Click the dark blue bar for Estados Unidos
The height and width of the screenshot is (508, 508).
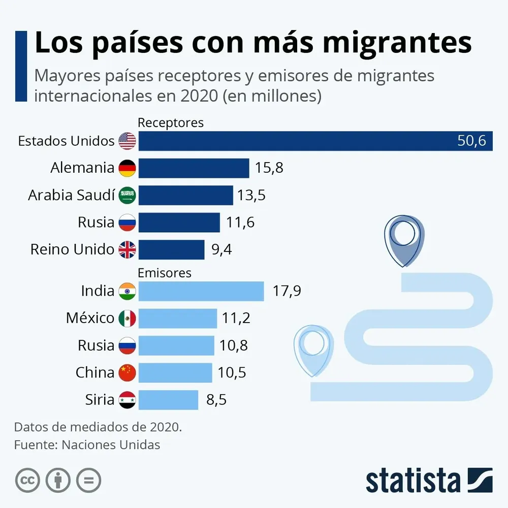(305, 141)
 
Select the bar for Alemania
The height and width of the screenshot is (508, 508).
(194, 168)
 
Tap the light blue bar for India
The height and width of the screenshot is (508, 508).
(201, 291)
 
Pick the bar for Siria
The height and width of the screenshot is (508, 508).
(168, 400)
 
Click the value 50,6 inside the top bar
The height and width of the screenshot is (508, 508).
(471, 141)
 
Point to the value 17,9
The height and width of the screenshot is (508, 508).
(287, 291)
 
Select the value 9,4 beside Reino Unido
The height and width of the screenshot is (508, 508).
(221, 250)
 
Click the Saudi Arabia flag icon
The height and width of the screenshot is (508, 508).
(127, 196)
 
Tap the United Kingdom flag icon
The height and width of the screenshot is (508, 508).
(127, 250)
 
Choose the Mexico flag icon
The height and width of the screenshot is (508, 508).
(127, 319)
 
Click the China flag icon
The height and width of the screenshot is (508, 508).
(127, 373)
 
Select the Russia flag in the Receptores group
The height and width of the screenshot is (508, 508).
(127, 223)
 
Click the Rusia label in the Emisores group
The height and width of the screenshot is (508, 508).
(96, 345)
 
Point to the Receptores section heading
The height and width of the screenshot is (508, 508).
(171, 122)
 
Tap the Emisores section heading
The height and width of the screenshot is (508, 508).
(165, 273)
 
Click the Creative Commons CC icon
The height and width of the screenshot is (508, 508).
(27, 480)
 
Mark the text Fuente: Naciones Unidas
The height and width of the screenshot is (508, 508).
(87, 445)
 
